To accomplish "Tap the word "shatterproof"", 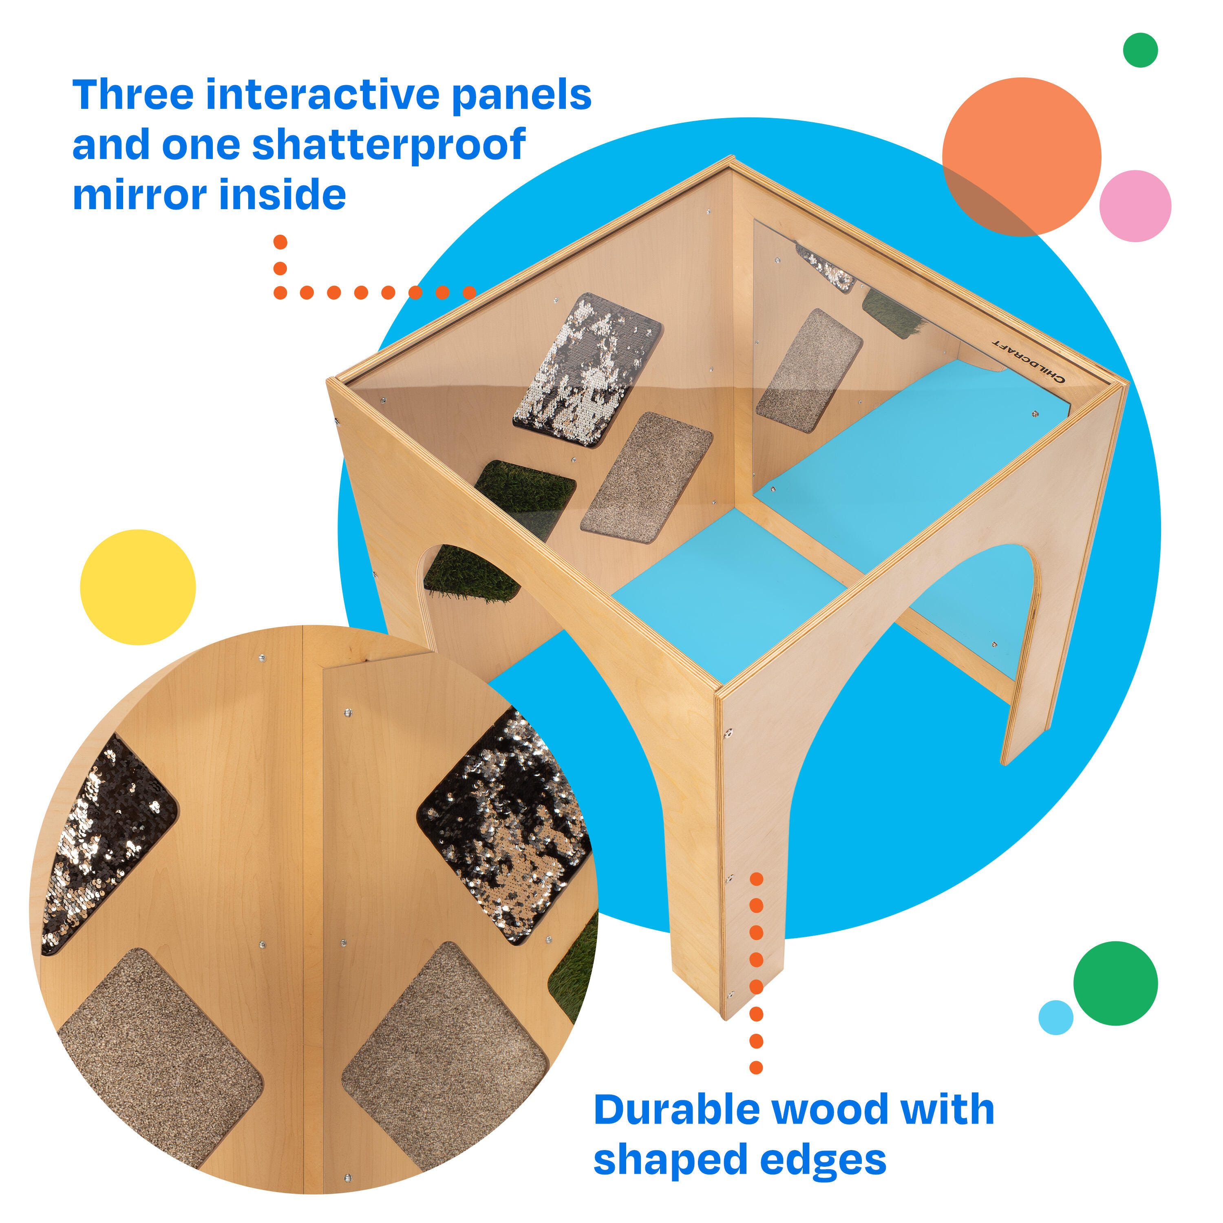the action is [x=389, y=145].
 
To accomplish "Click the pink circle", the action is [x=1135, y=206].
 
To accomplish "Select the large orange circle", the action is [x=1022, y=157].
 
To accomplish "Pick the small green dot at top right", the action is [x=1140, y=50].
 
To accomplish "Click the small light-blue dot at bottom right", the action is [x=1056, y=1017].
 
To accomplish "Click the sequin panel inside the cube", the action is [x=587, y=370].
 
